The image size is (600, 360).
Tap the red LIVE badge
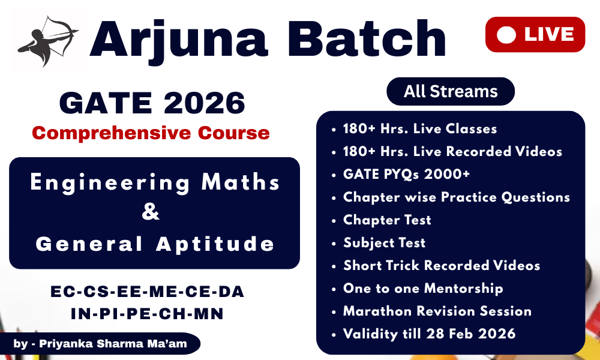[x=535, y=35]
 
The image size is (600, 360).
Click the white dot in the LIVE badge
[x=506, y=35]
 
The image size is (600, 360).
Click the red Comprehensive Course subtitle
[x=151, y=133]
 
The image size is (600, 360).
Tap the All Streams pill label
[x=451, y=91]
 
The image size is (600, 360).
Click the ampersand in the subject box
[x=151, y=213]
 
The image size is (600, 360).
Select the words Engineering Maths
[x=155, y=182]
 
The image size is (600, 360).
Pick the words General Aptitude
[x=155, y=244]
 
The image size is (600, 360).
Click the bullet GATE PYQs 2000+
[x=406, y=174]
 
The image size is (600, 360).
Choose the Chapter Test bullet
[x=387, y=220]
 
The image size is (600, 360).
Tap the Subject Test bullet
[x=384, y=242]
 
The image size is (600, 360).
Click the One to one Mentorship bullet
[x=422, y=288]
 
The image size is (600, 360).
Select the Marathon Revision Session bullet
[x=437, y=311]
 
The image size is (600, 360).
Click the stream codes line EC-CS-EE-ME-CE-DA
[x=148, y=292]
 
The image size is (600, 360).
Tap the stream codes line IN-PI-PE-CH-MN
[x=148, y=313]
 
